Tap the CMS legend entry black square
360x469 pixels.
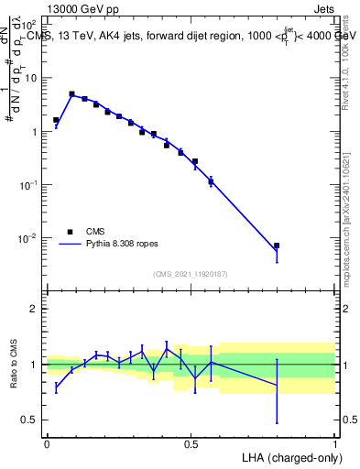click(69, 233)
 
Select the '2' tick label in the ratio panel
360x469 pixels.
click(34, 309)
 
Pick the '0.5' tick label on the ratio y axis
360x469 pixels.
click(29, 420)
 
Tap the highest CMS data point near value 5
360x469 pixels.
click(71, 93)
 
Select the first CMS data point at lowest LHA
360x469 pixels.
click(56, 120)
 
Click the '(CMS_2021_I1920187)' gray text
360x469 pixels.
click(191, 274)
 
